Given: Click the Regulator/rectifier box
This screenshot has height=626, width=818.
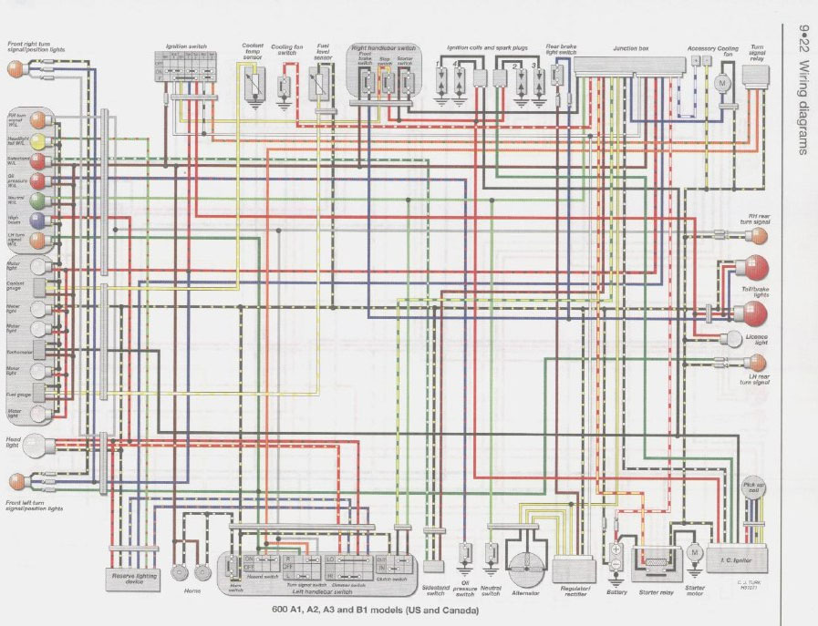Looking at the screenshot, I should tap(573, 570).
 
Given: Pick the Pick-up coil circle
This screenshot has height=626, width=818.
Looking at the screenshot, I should tap(753, 488).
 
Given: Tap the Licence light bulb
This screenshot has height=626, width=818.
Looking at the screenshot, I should tap(733, 339).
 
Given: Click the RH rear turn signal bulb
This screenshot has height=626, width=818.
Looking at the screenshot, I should tap(758, 237).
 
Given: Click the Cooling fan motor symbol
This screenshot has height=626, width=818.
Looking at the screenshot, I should tap(724, 83).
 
